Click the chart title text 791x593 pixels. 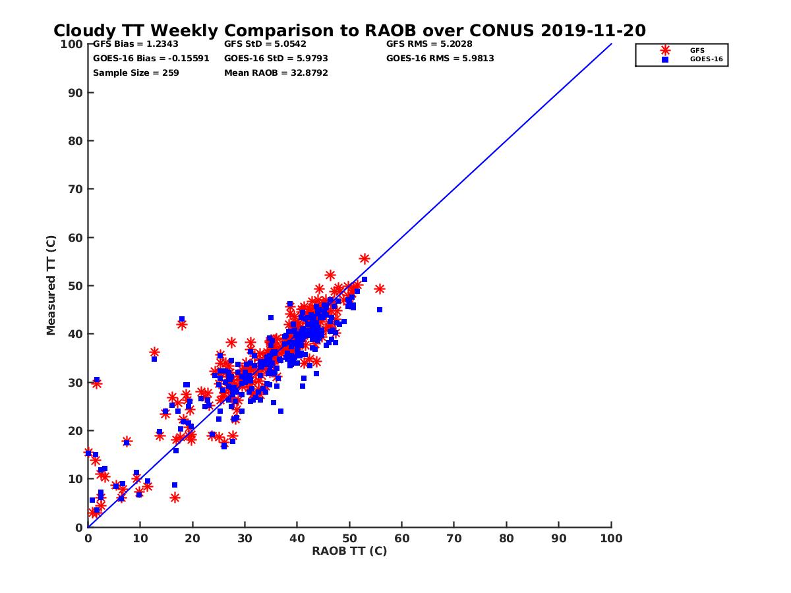[x=349, y=30]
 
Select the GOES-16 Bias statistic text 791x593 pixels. [x=151, y=58]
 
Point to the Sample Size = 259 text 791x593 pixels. [x=136, y=72]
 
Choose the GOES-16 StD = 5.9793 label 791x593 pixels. [x=276, y=58]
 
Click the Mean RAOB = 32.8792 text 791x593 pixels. [x=276, y=72]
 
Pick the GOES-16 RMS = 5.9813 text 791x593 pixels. [x=440, y=58]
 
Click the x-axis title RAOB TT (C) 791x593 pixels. [x=349, y=551]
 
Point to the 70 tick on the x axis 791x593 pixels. [x=454, y=538]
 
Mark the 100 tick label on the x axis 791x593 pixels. [x=611, y=538]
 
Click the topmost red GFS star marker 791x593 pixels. [x=365, y=259]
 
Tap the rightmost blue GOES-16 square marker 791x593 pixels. [x=380, y=310]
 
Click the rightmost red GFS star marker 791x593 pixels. [x=379, y=289]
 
